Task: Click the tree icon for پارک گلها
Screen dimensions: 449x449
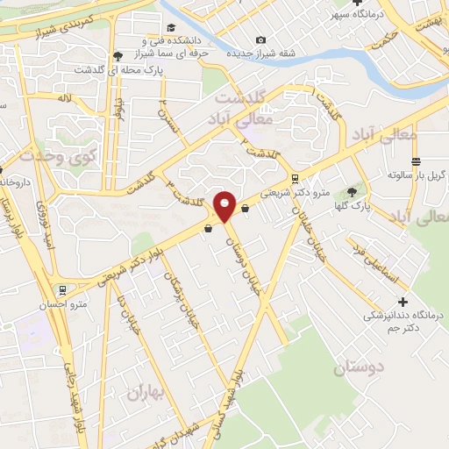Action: (353, 191)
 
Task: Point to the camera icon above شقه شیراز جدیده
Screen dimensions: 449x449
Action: (260, 40)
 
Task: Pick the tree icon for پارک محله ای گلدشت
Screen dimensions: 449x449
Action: (118, 57)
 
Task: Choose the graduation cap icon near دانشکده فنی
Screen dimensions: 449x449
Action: (170, 28)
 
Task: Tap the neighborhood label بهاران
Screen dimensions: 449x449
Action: (145, 391)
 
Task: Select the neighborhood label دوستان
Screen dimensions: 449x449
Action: (357, 368)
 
